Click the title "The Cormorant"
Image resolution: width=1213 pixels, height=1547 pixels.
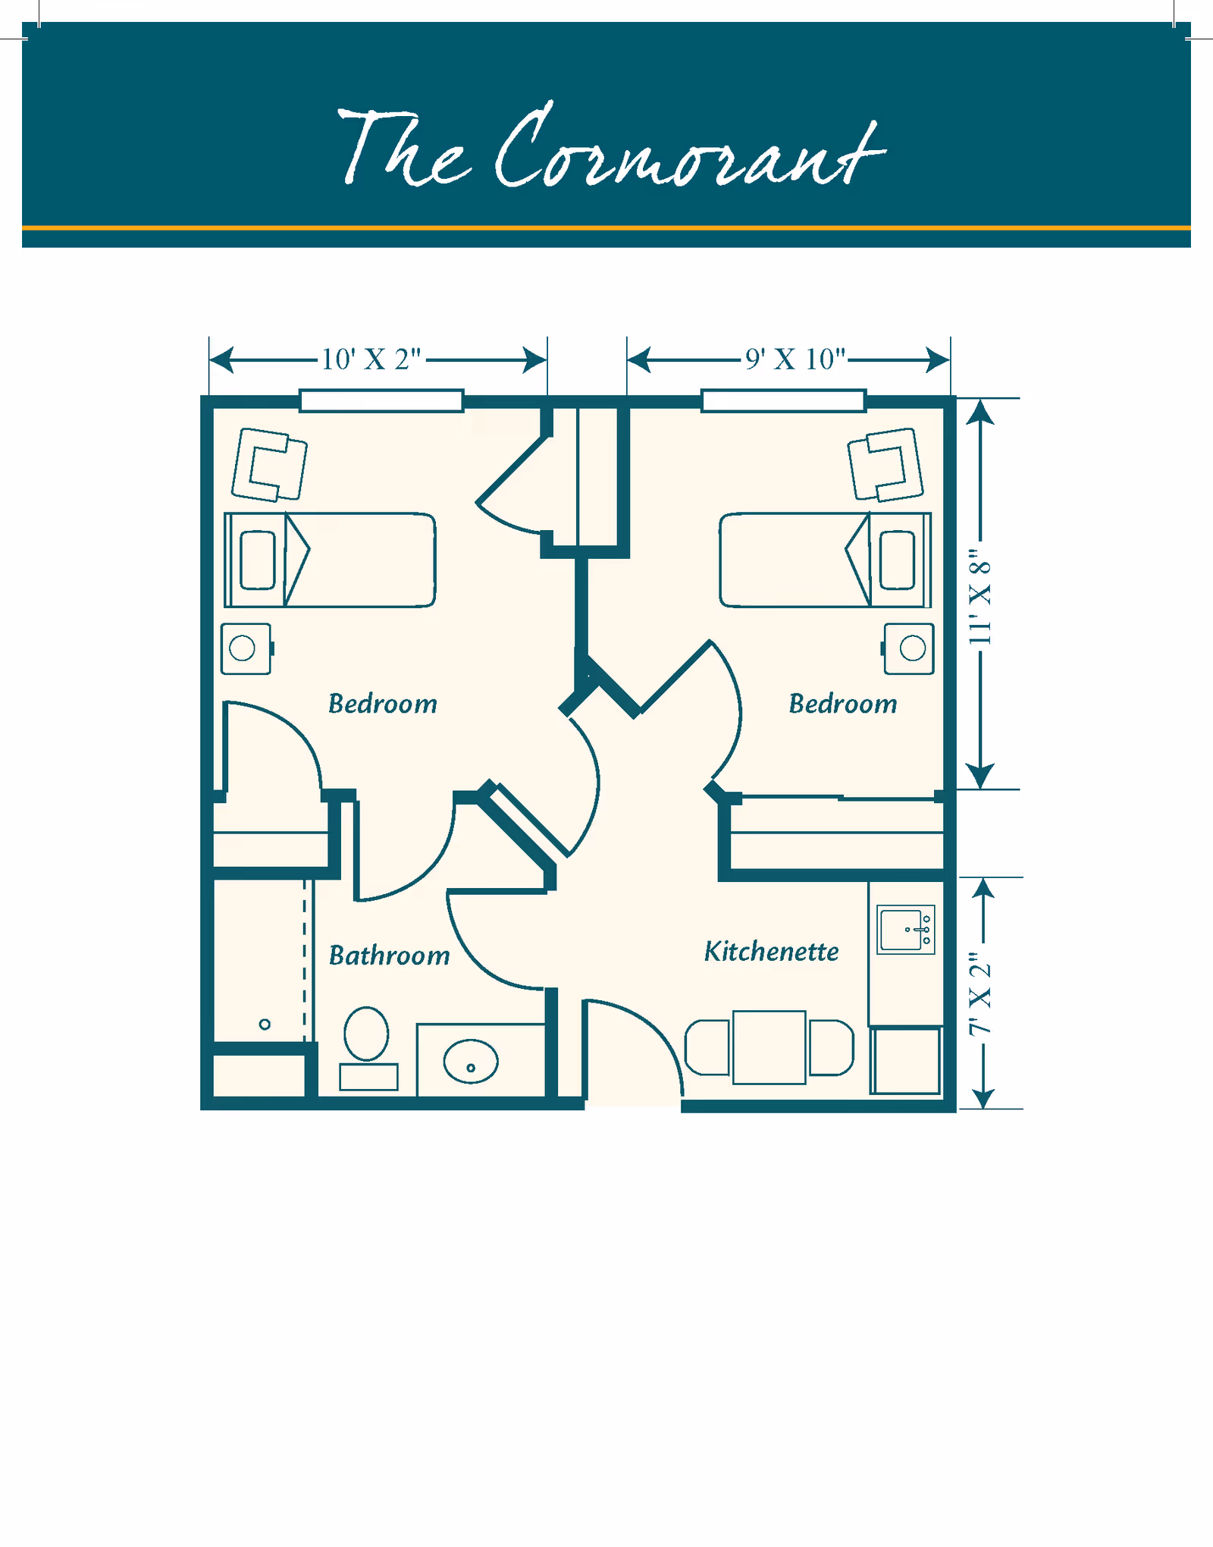pyautogui.click(x=610, y=148)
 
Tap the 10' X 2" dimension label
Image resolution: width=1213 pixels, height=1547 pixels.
pyautogui.click(x=371, y=359)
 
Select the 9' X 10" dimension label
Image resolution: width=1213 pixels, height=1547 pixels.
pyautogui.click(x=795, y=359)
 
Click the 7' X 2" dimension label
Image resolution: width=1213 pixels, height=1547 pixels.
pyautogui.click(x=980, y=994)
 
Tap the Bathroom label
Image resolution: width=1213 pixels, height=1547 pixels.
pyautogui.click(x=389, y=955)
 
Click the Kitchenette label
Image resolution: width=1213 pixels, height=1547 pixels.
pyautogui.click(x=771, y=952)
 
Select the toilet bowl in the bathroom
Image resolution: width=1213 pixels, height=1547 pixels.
pyautogui.click(x=366, y=1034)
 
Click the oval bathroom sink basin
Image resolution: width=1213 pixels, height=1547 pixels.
pyautogui.click(x=471, y=1061)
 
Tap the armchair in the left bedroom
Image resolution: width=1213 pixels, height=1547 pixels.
pyautogui.click(x=269, y=465)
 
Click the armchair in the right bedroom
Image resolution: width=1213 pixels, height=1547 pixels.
pyautogui.click(x=885, y=465)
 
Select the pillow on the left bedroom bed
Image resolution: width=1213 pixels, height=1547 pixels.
pyautogui.click(x=257, y=560)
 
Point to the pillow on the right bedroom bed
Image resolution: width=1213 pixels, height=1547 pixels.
pyautogui.click(x=898, y=560)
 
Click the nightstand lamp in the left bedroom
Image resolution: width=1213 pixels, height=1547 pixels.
pyautogui.click(x=242, y=648)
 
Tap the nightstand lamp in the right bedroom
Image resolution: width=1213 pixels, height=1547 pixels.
pyautogui.click(x=912, y=648)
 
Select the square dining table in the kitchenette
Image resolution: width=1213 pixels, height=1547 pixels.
pyautogui.click(x=769, y=1047)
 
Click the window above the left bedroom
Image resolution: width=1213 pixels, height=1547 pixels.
pyautogui.click(x=381, y=400)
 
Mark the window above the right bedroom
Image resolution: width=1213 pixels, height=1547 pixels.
pyautogui.click(x=783, y=400)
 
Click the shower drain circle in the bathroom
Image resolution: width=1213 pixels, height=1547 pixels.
pyautogui.click(x=265, y=1025)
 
